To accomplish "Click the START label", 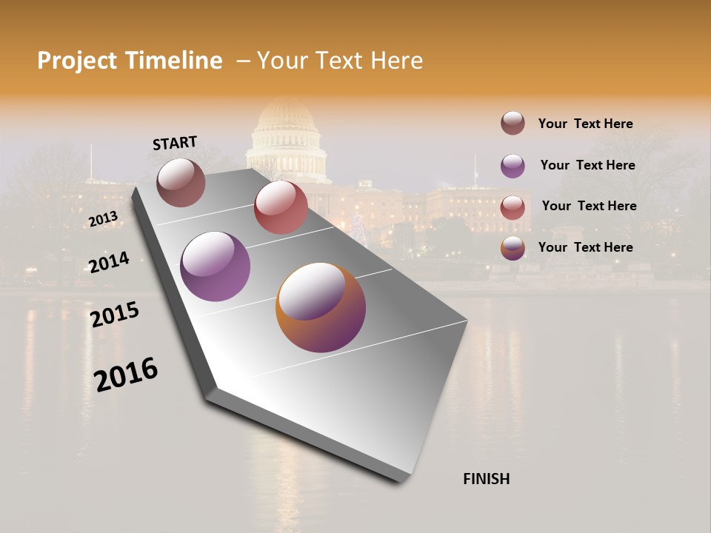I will coord(175,143).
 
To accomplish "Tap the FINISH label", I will coord(487,479).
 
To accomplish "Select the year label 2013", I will coord(103,219).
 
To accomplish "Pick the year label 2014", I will coord(109,262).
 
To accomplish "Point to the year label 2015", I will coord(115,315).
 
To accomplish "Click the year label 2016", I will coord(126,375).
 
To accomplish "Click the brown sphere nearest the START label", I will coord(181,182).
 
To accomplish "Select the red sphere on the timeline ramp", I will coord(281,207).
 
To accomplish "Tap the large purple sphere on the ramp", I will coord(215,266).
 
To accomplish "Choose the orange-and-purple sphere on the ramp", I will coord(321,307).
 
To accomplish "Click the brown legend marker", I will coord(513,123).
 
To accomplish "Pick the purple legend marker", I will coord(513,166).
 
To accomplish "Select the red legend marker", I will coord(513,207).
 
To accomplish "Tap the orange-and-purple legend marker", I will coord(513,248).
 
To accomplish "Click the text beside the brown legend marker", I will coord(585,124).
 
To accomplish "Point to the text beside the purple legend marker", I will coord(587,165).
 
